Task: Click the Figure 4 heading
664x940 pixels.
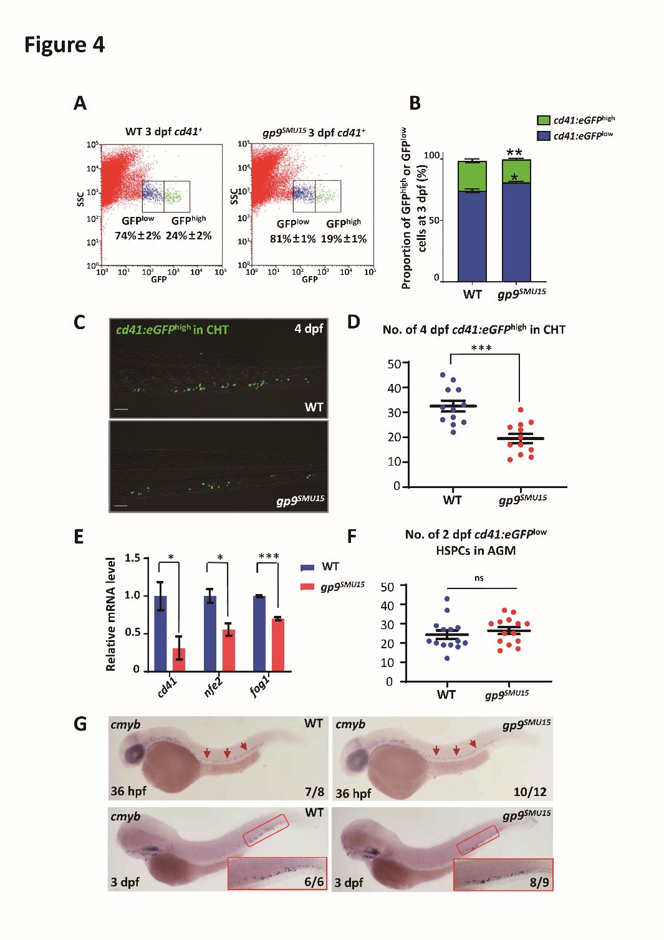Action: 64,45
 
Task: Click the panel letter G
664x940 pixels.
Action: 80,724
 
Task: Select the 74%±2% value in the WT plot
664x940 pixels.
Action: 138,236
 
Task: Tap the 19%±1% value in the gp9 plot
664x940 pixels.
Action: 344,239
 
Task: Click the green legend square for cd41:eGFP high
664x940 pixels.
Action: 543,120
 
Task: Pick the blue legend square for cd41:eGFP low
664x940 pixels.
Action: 543,135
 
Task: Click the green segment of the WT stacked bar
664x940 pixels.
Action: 472,176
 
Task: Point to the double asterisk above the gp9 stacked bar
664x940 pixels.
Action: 514,153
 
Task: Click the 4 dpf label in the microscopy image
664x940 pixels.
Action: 309,329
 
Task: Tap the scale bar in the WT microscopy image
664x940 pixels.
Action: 121,410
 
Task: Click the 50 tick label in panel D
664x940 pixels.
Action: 394,364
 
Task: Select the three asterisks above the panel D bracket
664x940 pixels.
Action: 481,348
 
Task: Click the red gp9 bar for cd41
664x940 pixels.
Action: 179,659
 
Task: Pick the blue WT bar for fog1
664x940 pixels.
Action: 259,633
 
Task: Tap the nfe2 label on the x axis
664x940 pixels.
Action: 213,687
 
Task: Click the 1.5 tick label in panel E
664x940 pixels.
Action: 132,558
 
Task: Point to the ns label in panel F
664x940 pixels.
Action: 479,578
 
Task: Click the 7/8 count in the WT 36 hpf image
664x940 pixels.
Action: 314,792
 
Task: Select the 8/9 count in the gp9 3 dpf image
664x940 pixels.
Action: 539,882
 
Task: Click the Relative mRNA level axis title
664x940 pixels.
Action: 111,614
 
